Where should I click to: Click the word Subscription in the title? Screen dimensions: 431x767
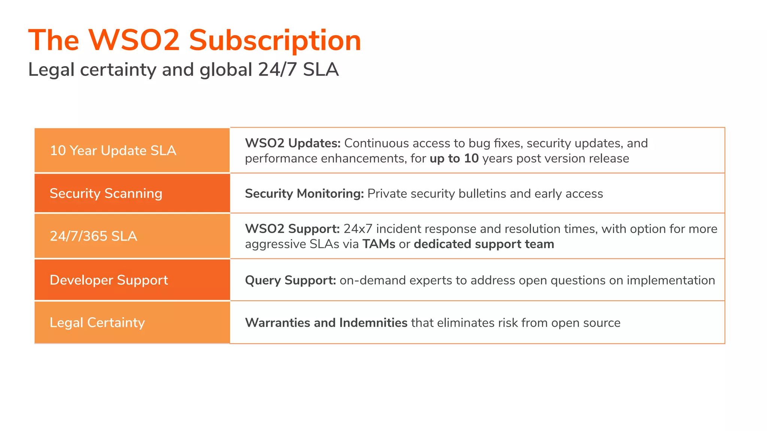coord(275,40)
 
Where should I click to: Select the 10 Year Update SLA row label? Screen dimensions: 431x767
coord(113,150)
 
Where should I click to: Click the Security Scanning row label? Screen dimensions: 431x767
coord(106,193)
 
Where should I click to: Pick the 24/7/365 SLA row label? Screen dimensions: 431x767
coord(93,236)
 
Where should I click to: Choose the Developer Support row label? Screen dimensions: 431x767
coord(109,280)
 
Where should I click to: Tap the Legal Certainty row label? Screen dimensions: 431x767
coord(97,323)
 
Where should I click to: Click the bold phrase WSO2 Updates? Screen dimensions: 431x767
coord(292,143)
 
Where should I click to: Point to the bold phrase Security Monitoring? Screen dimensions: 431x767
coord(304,193)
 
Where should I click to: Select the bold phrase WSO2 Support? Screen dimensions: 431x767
coord(292,229)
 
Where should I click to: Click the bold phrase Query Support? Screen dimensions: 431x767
coord(290,280)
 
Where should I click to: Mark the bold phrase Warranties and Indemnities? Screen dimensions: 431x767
coord(326,323)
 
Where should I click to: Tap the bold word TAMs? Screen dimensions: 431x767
coord(379,244)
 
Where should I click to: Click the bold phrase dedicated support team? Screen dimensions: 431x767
coord(484,244)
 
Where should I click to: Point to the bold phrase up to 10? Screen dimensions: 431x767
coord(454,159)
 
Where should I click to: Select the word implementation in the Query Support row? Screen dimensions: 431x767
coord(671,280)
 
